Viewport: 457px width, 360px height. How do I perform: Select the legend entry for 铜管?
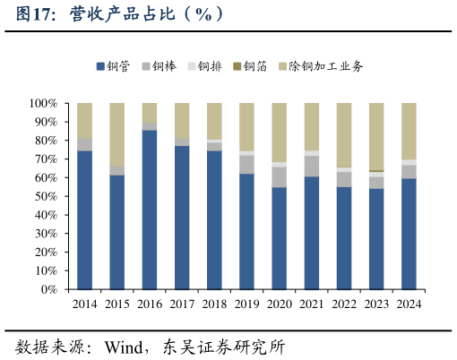[x=117, y=66]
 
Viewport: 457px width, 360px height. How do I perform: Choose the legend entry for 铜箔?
[x=254, y=66]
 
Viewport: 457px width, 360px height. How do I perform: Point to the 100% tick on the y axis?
[x=43, y=103]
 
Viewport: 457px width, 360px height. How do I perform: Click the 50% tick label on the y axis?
[x=46, y=196]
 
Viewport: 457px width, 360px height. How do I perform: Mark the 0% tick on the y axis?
[x=49, y=289]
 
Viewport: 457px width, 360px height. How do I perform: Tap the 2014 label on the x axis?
[x=85, y=304]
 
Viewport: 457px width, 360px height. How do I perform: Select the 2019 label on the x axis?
[x=247, y=304]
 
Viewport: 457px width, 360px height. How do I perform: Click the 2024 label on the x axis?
[x=410, y=304]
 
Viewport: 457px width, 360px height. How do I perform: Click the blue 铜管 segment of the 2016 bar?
[x=150, y=210]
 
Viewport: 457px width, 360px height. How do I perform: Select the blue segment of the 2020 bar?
[x=280, y=237]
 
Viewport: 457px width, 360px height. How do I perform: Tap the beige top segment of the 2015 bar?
[x=117, y=134]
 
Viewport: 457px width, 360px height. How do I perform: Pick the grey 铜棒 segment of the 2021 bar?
[x=312, y=166]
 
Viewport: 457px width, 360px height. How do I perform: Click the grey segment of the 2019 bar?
[x=247, y=164]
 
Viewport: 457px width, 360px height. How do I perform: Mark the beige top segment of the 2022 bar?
[x=344, y=134]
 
